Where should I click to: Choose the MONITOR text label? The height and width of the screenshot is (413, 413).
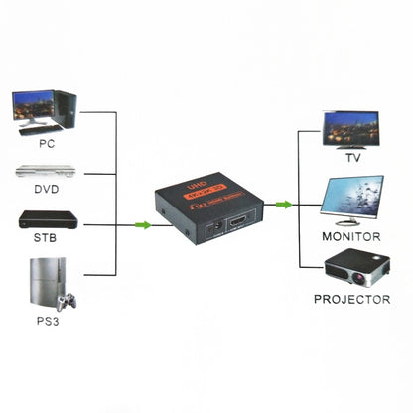click(352, 238)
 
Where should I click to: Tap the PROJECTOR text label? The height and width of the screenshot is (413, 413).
click(351, 299)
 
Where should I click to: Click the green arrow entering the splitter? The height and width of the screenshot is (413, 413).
click(142, 224)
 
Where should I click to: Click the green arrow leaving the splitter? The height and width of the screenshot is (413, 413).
click(284, 206)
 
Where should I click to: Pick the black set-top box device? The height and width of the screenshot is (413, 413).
click(43, 218)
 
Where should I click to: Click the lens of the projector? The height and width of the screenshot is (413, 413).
click(339, 268)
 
